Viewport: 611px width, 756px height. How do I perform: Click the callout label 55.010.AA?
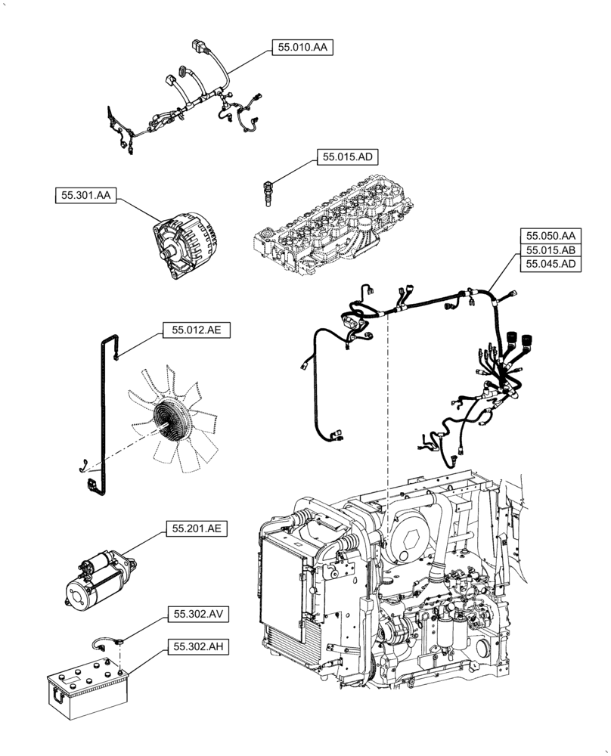tap(302, 48)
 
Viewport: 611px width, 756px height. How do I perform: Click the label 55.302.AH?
tap(196, 646)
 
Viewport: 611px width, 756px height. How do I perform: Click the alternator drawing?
tap(184, 245)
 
